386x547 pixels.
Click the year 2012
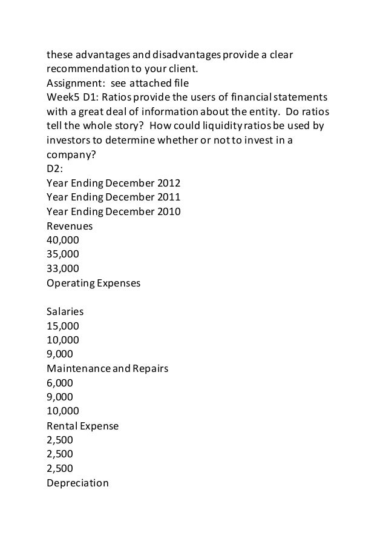click(168, 183)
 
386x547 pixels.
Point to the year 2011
click(168, 197)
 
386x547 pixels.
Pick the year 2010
click(168, 211)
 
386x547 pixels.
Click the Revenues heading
click(70, 225)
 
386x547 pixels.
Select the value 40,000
click(62, 240)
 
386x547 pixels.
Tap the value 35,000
click(62, 254)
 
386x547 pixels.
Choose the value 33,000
click(62, 268)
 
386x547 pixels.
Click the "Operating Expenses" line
click(93, 282)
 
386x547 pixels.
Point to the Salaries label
click(65, 313)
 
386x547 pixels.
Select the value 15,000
click(62, 327)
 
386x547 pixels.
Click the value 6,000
click(59, 383)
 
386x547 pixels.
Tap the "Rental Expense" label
click(82, 426)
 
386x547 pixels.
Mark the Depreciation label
click(77, 483)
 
